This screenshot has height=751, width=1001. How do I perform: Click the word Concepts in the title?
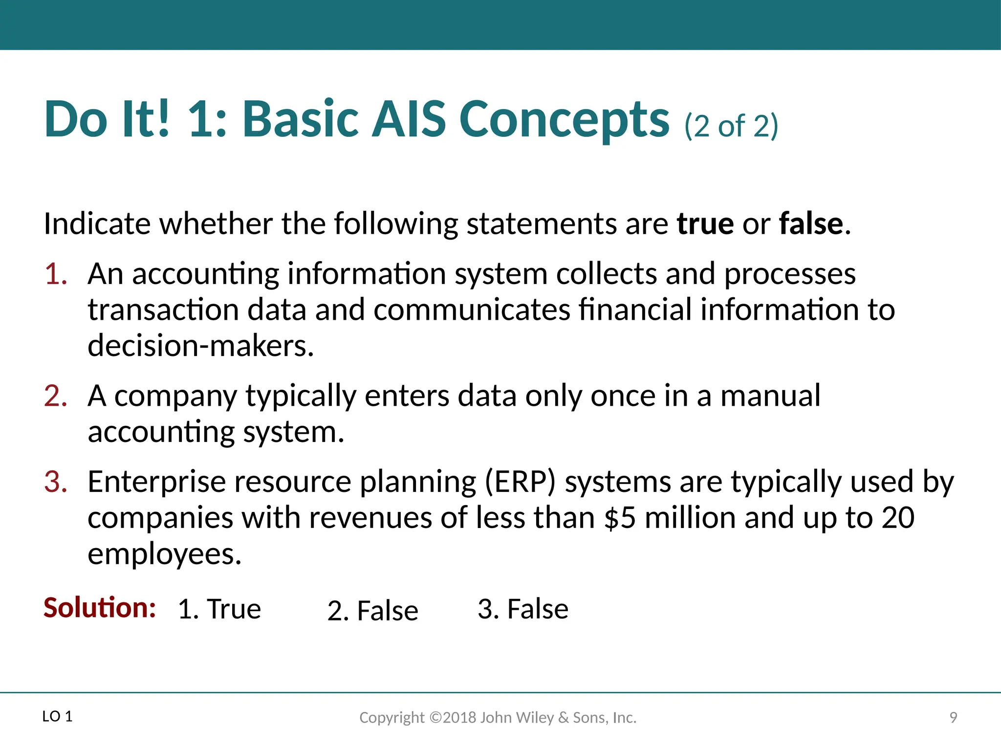(564, 120)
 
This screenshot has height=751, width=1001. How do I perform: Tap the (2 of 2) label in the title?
(731, 126)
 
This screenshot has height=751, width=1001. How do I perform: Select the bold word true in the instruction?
(705, 224)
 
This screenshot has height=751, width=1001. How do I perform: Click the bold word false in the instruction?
(811, 224)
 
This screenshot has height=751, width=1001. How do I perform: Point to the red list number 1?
(55, 274)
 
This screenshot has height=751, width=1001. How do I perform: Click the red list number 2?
(55, 396)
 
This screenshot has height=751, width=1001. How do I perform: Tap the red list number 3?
(55, 482)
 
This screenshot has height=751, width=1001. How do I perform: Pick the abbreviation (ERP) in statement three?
(520, 482)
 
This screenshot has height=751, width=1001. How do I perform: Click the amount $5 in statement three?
(620, 518)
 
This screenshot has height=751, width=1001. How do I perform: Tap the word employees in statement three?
(164, 555)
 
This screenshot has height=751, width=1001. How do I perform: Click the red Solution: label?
(100, 608)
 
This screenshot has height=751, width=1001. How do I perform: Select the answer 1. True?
(219, 609)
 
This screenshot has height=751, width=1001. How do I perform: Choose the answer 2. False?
(372, 611)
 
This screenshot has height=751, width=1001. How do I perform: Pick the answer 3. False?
(522, 609)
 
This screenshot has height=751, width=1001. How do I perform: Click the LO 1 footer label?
(57, 717)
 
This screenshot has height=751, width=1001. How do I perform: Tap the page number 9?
(953, 717)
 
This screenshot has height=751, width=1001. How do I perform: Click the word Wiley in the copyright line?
(535, 717)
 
